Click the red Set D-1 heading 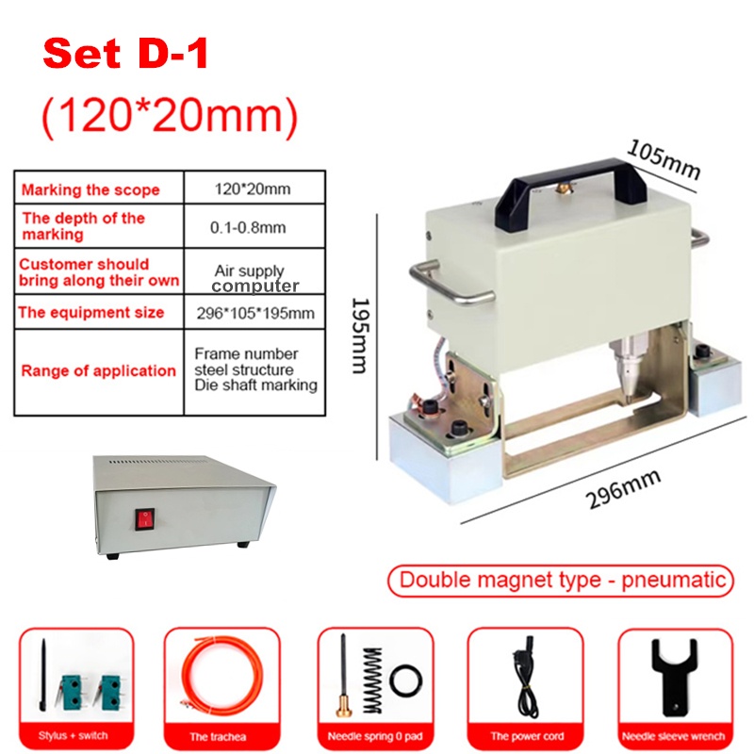125,54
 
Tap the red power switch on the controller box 144,519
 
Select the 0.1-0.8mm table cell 248,227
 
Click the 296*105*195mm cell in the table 255,314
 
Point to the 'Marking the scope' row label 90,189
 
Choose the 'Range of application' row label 99,370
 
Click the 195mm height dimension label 360,336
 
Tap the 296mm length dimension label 623,488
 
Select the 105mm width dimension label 664,159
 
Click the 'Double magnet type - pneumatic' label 562,581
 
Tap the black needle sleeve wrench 674,675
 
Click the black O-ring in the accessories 405,680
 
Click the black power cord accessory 526,678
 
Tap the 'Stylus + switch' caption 74,736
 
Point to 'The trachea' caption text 218,737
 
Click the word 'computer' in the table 255,287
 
